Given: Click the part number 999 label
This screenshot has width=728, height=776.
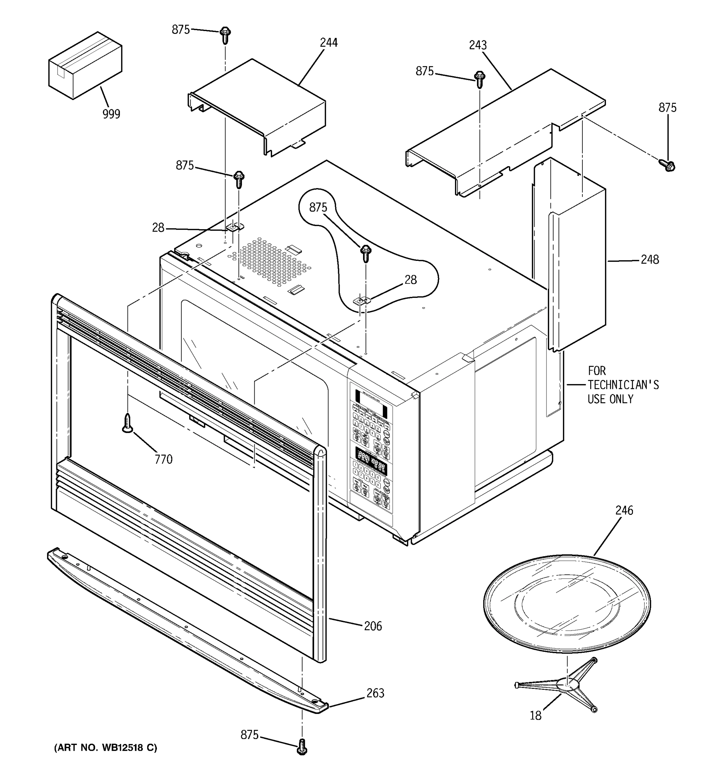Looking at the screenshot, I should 111,114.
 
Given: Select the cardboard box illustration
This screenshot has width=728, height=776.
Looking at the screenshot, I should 85,66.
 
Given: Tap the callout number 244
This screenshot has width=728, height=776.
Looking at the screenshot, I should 328,43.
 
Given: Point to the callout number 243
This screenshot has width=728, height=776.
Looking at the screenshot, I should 478,45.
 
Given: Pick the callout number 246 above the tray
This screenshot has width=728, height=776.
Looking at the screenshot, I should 624,510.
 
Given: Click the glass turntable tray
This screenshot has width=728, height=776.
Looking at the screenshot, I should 567,603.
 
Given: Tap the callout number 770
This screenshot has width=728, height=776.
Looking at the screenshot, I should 163,459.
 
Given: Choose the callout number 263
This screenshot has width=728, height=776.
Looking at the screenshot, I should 375,693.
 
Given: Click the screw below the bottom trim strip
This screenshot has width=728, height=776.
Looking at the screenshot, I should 302,747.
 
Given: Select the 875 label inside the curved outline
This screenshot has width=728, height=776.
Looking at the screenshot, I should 318,207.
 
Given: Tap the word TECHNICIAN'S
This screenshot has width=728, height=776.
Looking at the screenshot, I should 623,385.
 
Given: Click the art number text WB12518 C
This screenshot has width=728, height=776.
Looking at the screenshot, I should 129,748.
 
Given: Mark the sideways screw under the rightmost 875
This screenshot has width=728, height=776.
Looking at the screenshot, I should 667,166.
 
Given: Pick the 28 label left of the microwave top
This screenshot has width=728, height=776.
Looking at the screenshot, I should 158,228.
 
